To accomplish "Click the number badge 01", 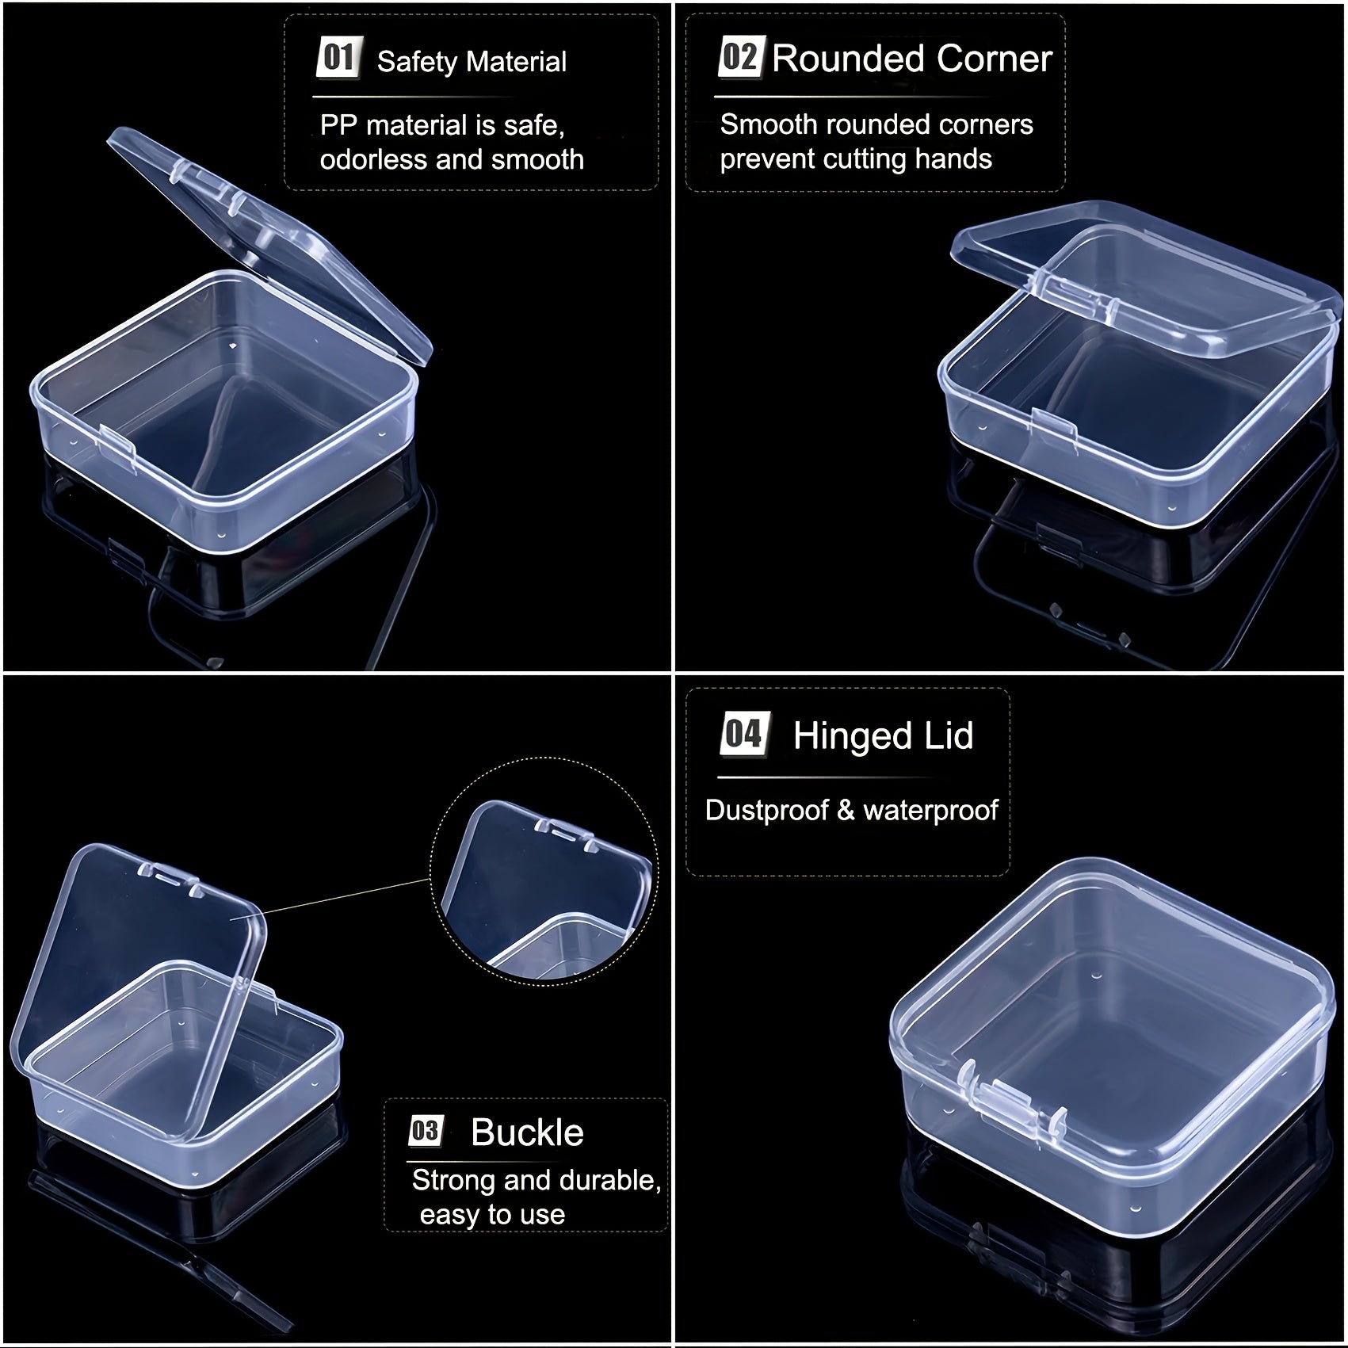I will [338, 58].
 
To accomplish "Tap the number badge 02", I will [740, 57].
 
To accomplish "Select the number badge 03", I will [426, 1131].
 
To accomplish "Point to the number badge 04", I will [743, 734].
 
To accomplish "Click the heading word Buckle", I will [527, 1132].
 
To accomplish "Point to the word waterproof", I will [930, 811].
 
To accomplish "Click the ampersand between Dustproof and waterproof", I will [846, 810].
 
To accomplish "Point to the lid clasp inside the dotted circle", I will [563, 834].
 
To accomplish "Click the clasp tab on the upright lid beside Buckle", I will [170, 878].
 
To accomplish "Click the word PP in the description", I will [338, 125].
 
